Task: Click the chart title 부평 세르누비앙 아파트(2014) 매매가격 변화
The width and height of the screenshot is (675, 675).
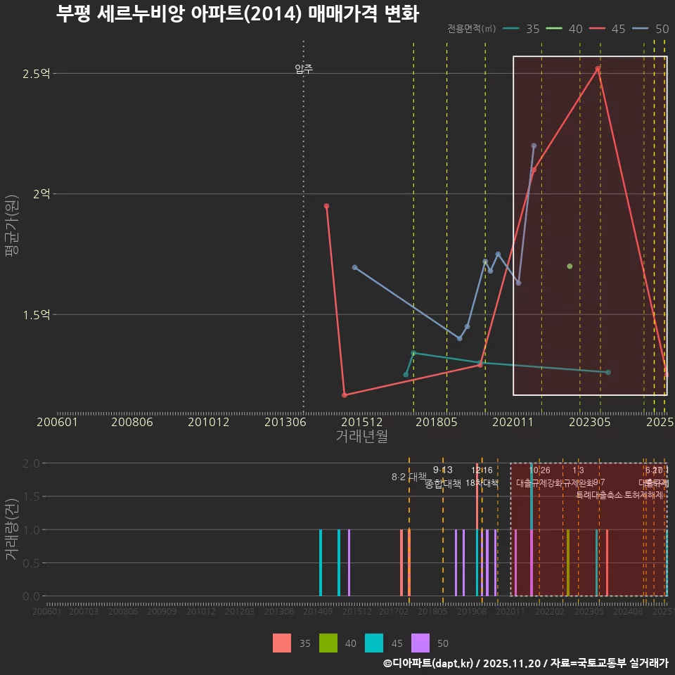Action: (237, 14)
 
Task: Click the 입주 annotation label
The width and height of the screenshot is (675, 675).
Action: (304, 69)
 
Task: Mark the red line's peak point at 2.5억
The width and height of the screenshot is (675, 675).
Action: (598, 68)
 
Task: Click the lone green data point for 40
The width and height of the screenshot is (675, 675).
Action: (570, 266)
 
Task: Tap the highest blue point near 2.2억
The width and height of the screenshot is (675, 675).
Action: (534, 146)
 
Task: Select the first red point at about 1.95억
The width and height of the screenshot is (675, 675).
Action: (326, 206)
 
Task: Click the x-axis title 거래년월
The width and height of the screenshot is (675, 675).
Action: (361, 436)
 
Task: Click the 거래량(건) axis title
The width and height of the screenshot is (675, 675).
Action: (12, 529)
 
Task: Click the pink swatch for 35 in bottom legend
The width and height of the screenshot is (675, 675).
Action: (282, 643)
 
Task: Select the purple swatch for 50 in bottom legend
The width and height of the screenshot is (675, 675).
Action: (420, 643)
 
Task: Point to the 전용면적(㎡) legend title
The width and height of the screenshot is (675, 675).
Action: (471, 29)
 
